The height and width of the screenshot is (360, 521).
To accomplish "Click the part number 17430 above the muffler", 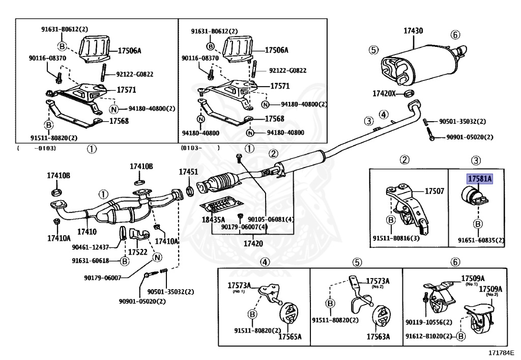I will click(413, 31).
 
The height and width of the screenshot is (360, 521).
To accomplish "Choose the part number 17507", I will click(434, 192).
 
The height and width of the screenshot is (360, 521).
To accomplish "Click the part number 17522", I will click(137, 252).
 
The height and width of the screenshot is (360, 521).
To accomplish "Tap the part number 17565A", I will click(290, 337).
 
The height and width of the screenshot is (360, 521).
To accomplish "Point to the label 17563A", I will click(378, 337).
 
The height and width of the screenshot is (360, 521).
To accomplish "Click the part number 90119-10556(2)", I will click(428, 322).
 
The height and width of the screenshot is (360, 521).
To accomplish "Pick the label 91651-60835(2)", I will click(481, 240).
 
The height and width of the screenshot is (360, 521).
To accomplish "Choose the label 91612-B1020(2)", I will click(429, 336).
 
